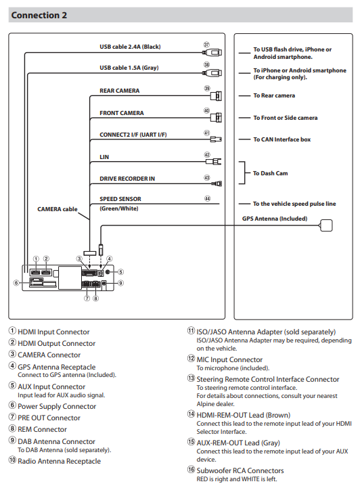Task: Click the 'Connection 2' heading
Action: pyautogui.click(x=39, y=16)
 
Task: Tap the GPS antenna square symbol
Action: pyautogui.click(x=325, y=225)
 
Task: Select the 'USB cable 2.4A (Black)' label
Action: pyautogui.click(x=130, y=47)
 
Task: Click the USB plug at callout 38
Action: pyautogui.click(x=212, y=73)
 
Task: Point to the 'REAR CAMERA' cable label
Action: pyautogui.click(x=120, y=91)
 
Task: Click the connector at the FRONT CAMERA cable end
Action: pyautogui.click(x=216, y=118)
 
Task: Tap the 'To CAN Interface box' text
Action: pyautogui.click(x=282, y=139)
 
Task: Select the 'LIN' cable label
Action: pyautogui.click(x=104, y=157)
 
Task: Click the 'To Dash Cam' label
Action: pyautogui.click(x=271, y=173)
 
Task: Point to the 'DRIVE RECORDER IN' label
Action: pyautogui.click(x=127, y=179)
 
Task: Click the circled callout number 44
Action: pyautogui.click(x=207, y=198)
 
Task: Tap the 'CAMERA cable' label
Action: pyautogui.click(x=58, y=209)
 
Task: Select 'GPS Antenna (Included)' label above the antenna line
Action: pyautogui.click(x=275, y=219)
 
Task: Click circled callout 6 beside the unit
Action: pyautogui.click(x=16, y=283)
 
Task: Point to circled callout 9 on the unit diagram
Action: pyautogui.click(x=120, y=283)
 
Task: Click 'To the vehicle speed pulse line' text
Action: pyautogui.click(x=294, y=204)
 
